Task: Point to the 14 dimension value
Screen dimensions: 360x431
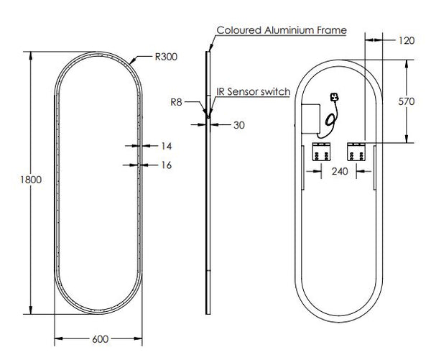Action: tap(166, 145)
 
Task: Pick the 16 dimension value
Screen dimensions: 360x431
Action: tap(166, 165)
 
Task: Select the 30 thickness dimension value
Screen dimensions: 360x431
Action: tap(239, 124)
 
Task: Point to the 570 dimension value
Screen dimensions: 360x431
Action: tap(406, 101)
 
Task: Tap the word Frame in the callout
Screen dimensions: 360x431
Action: tap(335, 30)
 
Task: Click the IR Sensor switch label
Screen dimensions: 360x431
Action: tap(253, 92)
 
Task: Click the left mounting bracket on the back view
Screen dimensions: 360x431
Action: tap(320, 152)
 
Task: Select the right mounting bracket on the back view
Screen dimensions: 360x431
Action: tap(356, 152)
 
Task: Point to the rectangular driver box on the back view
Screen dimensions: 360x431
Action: tap(311, 116)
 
